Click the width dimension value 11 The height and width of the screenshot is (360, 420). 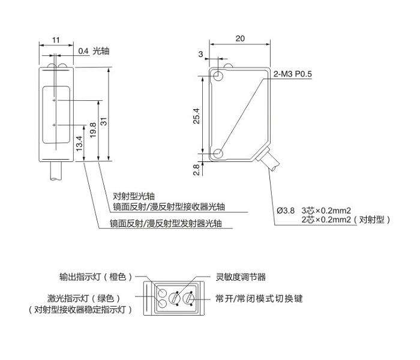tap(56, 40)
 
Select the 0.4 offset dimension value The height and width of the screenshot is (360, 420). tap(83, 51)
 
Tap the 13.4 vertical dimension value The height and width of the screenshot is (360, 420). tap(79, 143)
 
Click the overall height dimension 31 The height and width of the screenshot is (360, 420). tap(103, 121)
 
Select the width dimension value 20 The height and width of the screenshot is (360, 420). tap(240, 38)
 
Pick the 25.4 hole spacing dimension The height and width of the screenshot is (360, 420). tap(196, 115)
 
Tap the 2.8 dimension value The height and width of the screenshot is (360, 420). tap(196, 170)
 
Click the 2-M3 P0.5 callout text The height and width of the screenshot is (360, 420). tap(293, 74)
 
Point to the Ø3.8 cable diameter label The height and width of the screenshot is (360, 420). tap(286, 210)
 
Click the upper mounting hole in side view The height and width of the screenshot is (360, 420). tap(218, 77)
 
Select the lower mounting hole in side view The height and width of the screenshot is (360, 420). tap(218, 154)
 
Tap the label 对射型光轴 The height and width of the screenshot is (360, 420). tap(134, 196)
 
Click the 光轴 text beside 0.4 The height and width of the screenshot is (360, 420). tap(100, 51)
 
